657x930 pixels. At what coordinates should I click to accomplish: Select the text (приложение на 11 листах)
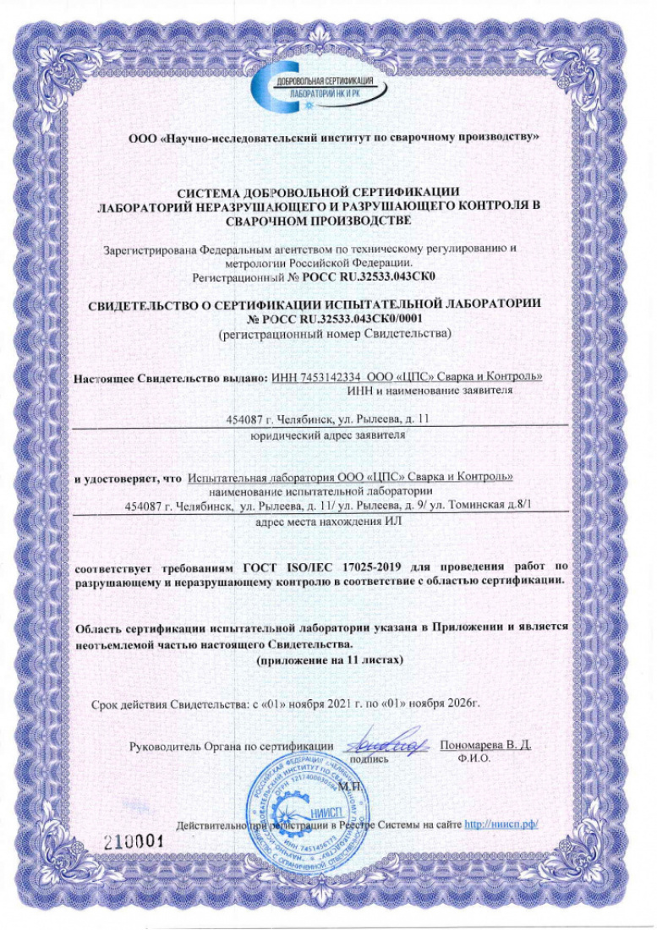pyautogui.click(x=326, y=658)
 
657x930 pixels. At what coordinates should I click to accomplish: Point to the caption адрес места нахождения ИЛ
pyautogui.click(x=327, y=522)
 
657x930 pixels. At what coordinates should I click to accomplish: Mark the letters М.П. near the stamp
pyautogui.click(x=349, y=786)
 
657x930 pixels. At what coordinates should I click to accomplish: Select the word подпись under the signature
pyautogui.click(x=370, y=759)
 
